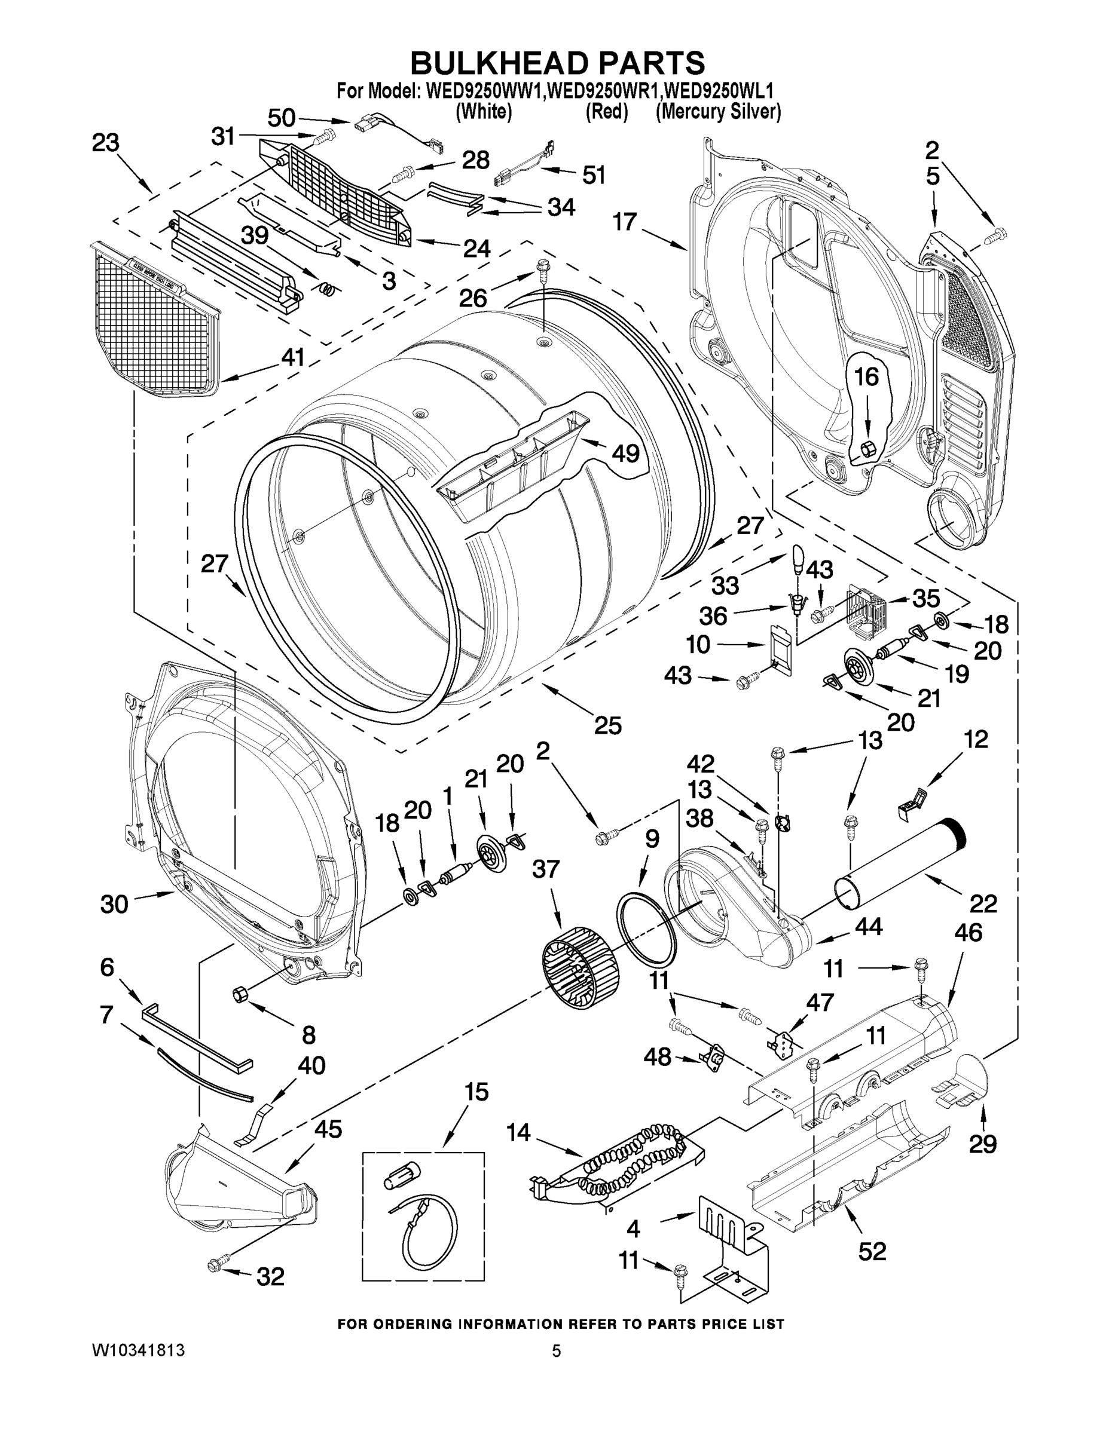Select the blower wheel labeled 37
tap(580, 967)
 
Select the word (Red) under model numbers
tap(606, 112)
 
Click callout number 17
tap(625, 222)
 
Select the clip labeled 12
tap(915, 802)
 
